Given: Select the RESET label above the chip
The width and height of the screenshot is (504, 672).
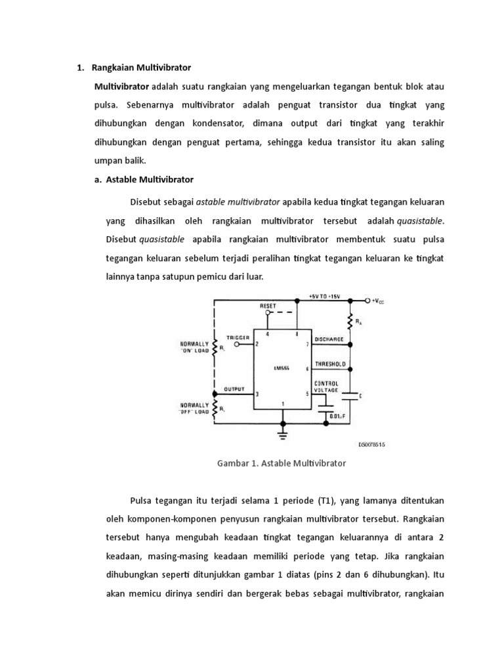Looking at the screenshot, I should tap(267, 306).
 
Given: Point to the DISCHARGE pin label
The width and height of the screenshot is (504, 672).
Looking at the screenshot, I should tap(330, 339).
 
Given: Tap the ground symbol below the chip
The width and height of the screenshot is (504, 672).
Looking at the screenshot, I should tap(283, 432).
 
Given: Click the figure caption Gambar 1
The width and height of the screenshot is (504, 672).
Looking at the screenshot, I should tap(281, 463).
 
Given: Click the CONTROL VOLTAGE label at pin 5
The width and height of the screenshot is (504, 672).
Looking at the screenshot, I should tap(327, 386).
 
